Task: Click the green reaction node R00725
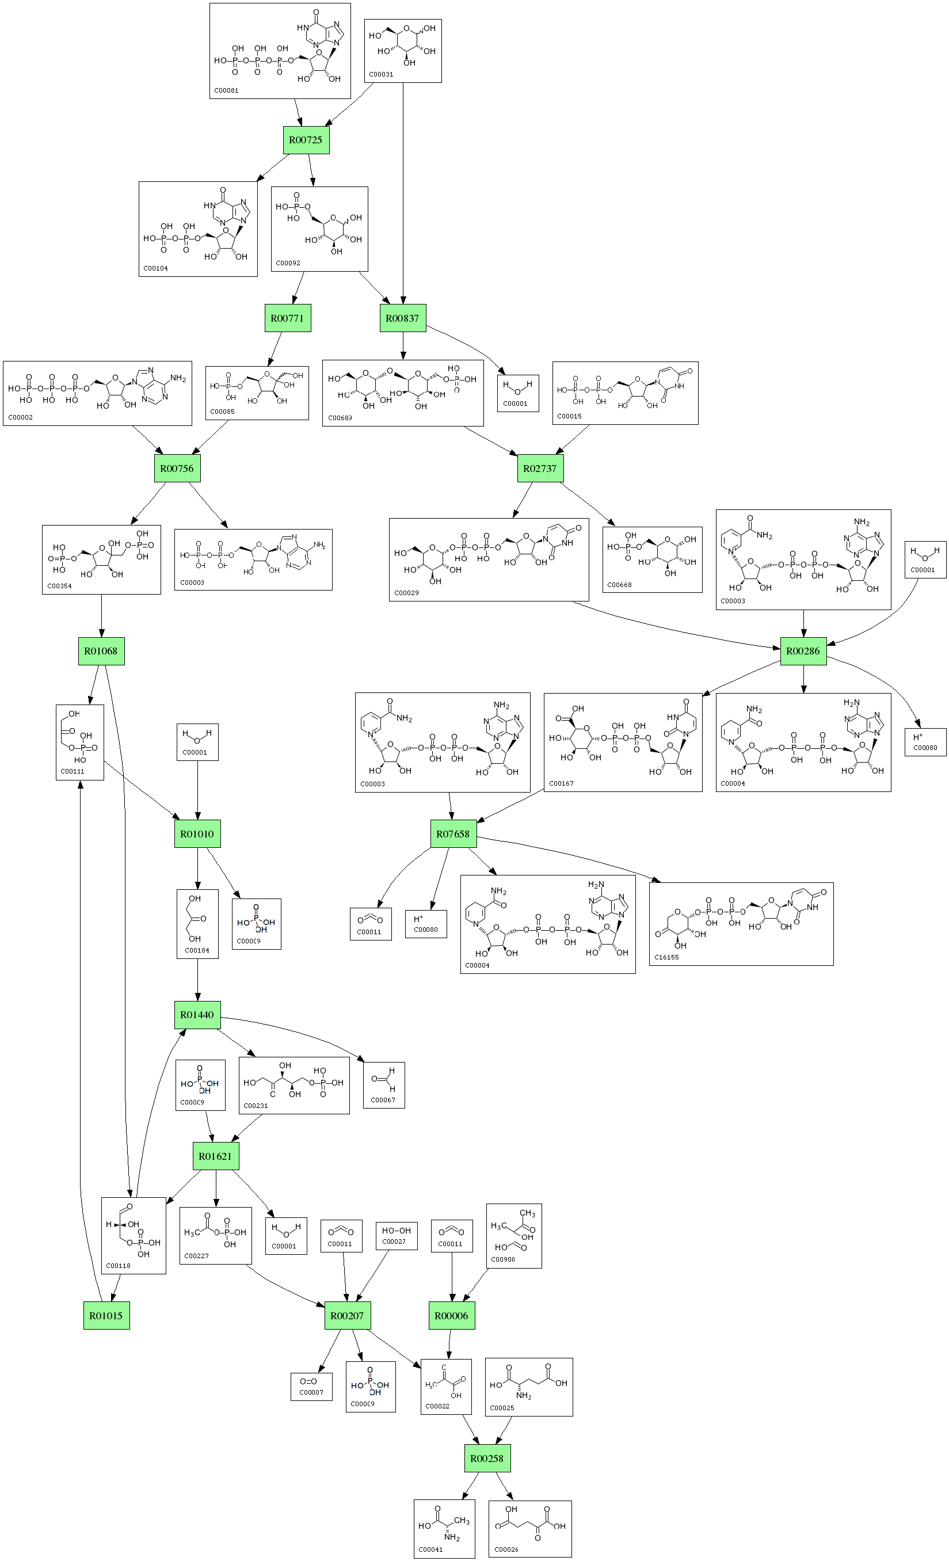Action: tap(306, 140)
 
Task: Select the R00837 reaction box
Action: tap(403, 318)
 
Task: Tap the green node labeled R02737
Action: tap(540, 469)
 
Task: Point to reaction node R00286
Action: tap(803, 651)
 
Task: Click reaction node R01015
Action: tap(106, 1316)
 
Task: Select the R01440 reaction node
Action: tap(197, 1015)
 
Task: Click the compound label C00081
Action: tap(226, 90)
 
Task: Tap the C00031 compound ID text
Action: tap(381, 74)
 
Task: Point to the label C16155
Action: tap(666, 957)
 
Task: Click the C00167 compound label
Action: tap(561, 784)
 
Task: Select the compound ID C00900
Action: tap(503, 1259)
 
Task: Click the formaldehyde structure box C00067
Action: tap(384, 1085)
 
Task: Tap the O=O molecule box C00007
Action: tap(311, 1387)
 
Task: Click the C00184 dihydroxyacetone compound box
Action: tap(197, 924)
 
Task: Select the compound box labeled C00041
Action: tap(444, 1529)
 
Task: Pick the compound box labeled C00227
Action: tap(215, 1235)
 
